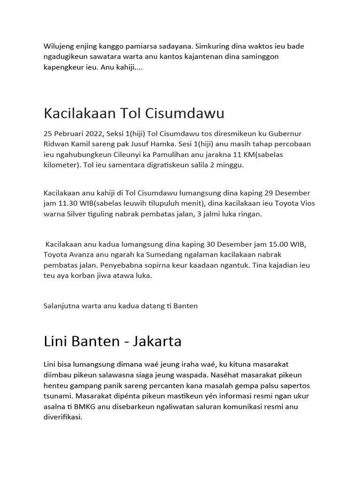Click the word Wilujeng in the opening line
[60, 46]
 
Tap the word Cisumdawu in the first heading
[185, 113]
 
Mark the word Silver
[79, 214]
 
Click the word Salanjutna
[62, 306]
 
